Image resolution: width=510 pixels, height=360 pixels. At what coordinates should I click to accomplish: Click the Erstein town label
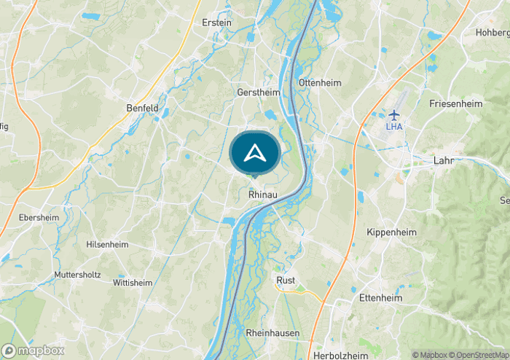217,23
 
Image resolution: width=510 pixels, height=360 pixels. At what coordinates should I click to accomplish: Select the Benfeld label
142,108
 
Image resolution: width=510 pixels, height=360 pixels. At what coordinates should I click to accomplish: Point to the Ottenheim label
320,82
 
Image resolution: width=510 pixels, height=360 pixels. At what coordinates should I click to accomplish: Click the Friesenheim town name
456,103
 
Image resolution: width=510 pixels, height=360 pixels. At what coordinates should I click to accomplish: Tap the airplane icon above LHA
394,114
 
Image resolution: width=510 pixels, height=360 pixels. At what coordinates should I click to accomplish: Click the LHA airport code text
394,127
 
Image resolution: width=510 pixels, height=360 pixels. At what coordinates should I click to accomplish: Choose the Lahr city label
443,160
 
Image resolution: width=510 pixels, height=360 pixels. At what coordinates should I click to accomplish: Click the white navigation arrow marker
254,152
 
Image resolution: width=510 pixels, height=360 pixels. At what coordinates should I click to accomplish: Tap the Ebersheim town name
39,217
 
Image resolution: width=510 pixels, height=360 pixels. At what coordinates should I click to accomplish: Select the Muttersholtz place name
77,275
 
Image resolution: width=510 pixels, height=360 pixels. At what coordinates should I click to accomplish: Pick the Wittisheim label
133,282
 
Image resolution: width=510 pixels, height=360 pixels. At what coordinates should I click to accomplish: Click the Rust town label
286,280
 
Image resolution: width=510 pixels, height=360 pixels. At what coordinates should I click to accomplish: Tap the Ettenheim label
381,297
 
